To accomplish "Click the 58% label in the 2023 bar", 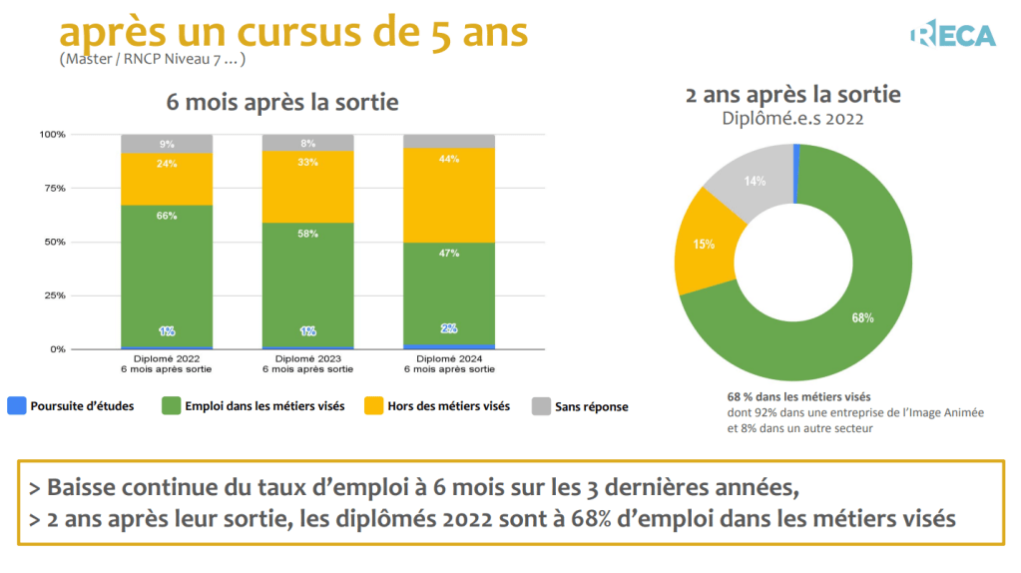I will tap(308, 234).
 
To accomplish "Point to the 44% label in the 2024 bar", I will tap(449, 159).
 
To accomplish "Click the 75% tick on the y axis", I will tap(53, 188).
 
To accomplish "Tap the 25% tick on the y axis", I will tap(53, 295).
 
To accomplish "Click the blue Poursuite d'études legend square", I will tap(16, 406).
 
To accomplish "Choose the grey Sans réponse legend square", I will tap(540, 406).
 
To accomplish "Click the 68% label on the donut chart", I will tap(862, 317).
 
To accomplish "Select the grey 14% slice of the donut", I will tap(751, 180).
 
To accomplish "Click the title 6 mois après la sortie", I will tap(281, 102).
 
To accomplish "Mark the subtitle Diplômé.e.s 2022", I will tap(792, 118).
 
